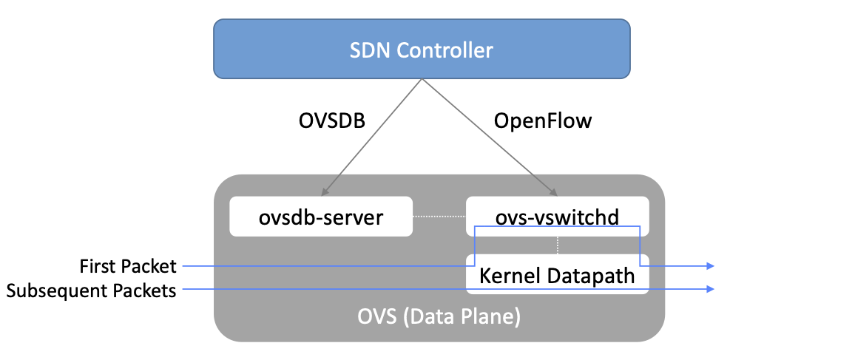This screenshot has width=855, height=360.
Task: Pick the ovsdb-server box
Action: [320, 217]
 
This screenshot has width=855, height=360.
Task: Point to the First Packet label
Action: [128, 266]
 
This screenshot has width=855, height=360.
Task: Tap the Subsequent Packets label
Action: [91, 291]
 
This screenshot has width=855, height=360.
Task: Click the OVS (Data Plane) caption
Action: [439, 318]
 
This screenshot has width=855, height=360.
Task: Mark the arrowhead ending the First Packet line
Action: [711, 265]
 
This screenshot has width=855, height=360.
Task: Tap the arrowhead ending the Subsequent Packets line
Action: [711, 290]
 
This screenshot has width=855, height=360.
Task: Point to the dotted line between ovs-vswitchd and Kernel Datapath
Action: [557, 245]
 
